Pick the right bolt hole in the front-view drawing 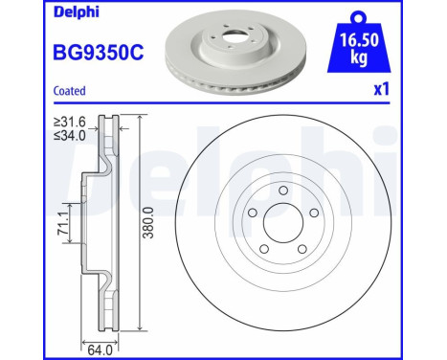click(x=318, y=224)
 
